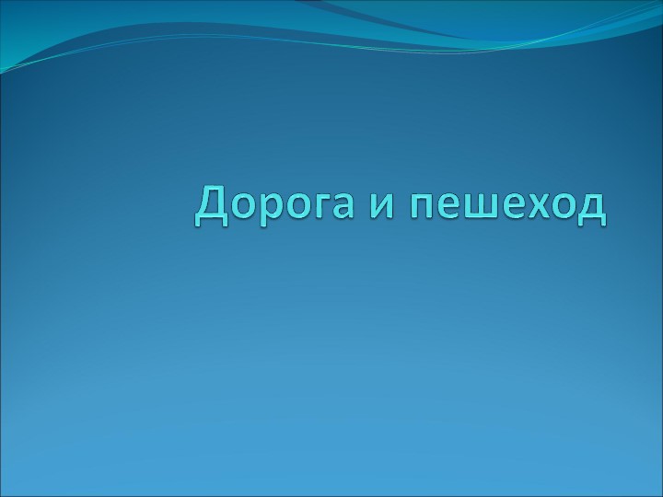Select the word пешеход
tap(509, 207)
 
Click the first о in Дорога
tap(243, 207)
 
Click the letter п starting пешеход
tap(423, 207)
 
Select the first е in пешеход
tap(448, 207)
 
